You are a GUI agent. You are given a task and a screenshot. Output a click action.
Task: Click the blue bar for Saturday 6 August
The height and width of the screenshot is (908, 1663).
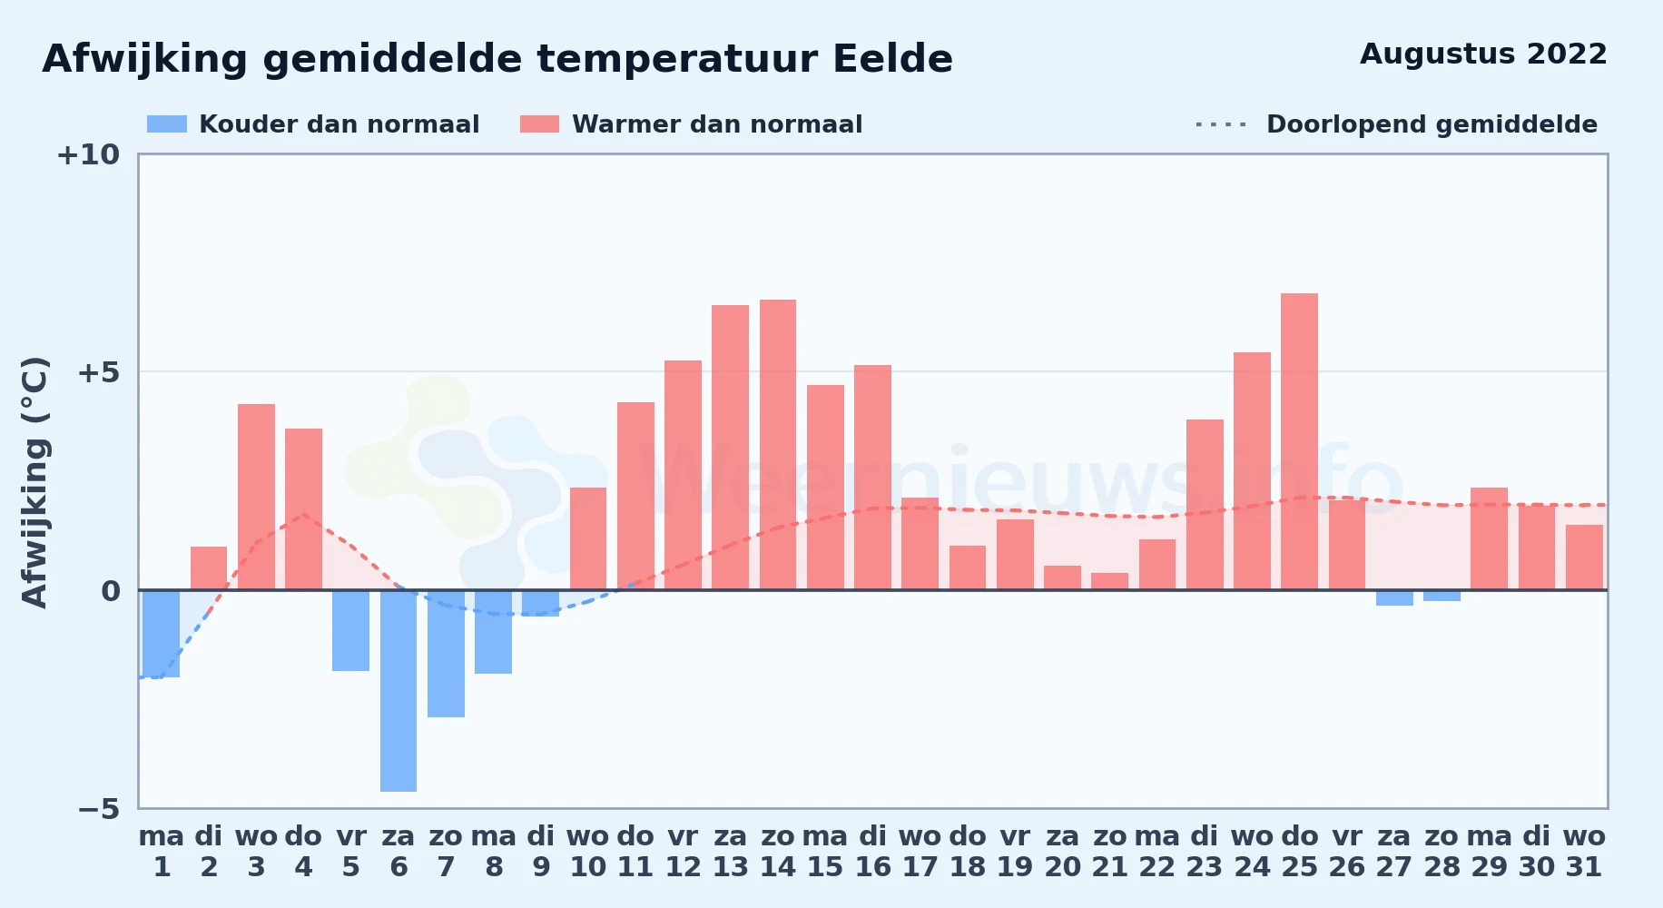coord(399,691)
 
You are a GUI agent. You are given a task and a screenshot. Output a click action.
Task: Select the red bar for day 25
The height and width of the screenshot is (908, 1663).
coord(1299,441)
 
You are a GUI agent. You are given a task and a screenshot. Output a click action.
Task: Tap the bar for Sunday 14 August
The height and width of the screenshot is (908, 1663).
coord(778,445)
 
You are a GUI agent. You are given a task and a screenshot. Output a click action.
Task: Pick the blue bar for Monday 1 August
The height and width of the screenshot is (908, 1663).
coord(162,634)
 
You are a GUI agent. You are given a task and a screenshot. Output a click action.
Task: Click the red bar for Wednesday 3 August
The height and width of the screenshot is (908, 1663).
coord(256,497)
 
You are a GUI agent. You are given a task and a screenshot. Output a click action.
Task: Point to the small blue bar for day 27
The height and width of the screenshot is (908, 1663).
coord(1394,598)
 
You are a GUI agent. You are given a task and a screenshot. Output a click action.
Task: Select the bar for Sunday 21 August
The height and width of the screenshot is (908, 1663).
coord(1109,581)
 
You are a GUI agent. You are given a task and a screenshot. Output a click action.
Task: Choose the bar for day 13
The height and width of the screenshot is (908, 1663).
coord(731,448)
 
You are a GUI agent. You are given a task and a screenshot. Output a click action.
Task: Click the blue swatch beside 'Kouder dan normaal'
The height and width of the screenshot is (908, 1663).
coord(167,124)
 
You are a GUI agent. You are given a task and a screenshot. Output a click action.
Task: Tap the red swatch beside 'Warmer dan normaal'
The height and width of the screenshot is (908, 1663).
coord(540,124)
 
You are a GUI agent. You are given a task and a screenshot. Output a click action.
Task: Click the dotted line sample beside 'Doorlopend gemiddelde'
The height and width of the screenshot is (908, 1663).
coord(1222,124)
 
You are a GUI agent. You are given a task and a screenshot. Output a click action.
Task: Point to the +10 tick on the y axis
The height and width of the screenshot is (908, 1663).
coord(88,154)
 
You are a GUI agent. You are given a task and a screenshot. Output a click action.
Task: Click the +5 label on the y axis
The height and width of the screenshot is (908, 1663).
coord(98,372)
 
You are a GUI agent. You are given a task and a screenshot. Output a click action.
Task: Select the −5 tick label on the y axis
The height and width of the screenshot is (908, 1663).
coord(98,808)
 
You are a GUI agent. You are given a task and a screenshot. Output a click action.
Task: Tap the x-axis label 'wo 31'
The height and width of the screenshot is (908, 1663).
coord(1584,852)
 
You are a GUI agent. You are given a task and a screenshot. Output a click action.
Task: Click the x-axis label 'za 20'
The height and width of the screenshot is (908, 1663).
coord(1062,852)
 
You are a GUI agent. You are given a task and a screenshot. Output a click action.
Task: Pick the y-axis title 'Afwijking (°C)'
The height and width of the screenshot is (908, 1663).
coord(34,481)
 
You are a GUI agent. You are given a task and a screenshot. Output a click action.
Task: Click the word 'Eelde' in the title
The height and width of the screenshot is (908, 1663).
coord(892,59)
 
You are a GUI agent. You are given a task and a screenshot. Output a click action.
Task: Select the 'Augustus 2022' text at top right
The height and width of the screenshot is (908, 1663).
coord(1483,54)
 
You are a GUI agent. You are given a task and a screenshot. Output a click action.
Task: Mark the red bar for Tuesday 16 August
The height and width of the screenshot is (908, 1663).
coord(872,478)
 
